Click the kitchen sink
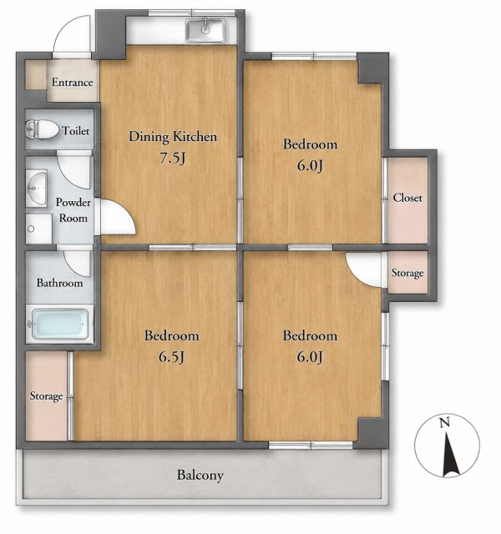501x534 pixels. tap(205, 30)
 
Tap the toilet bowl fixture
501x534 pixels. tap(42, 129)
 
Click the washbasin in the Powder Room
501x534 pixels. tap(37, 189)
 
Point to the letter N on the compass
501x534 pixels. tap(444, 423)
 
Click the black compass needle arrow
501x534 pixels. tap(451, 454)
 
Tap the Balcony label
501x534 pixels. tap(200, 475)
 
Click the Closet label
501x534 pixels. tap(407, 198)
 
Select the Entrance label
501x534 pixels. tap(73, 82)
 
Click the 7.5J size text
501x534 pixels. tap(173, 158)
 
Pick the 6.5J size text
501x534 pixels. tap(171, 357)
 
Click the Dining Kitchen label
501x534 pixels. tap(173, 137)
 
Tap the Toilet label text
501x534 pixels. tap(76, 131)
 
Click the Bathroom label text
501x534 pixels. tap(59, 283)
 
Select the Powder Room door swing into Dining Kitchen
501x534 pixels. tap(117, 217)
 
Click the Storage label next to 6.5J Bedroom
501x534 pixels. tap(47, 396)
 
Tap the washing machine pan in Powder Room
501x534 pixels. tap(38, 229)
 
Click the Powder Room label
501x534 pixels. tap(73, 210)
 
